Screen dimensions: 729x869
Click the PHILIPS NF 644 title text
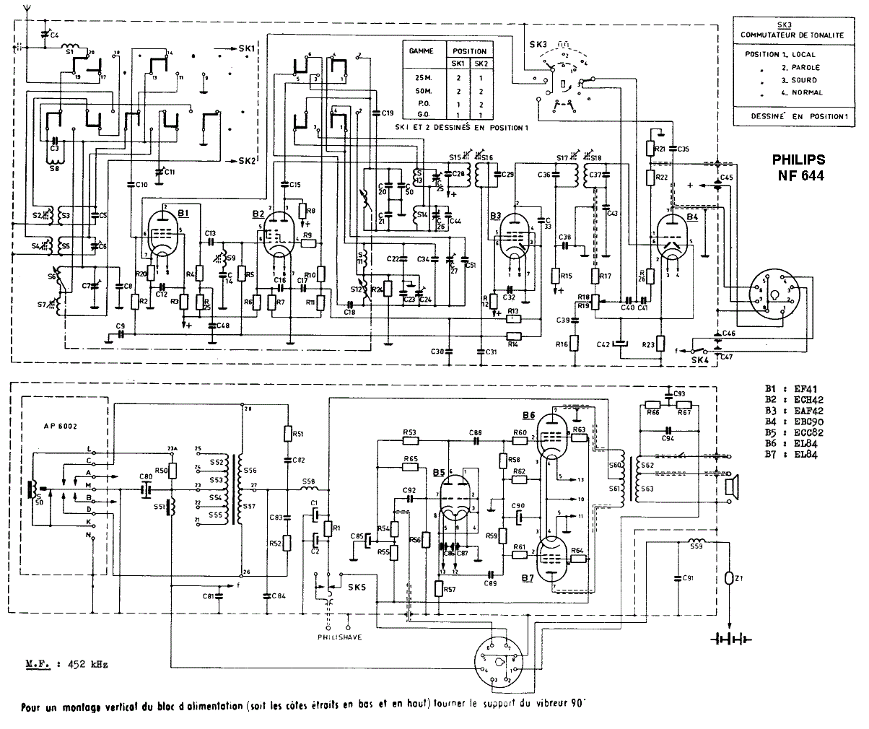click(x=798, y=167)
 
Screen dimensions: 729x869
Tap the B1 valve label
click(x=183, y=214)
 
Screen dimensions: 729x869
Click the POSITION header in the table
click(x=469, y=51)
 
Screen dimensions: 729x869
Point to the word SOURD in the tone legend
click(x=803, y=80)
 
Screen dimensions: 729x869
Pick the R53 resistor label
click(x=409, y=432)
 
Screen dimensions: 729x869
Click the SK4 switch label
click(x=699, y=358)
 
